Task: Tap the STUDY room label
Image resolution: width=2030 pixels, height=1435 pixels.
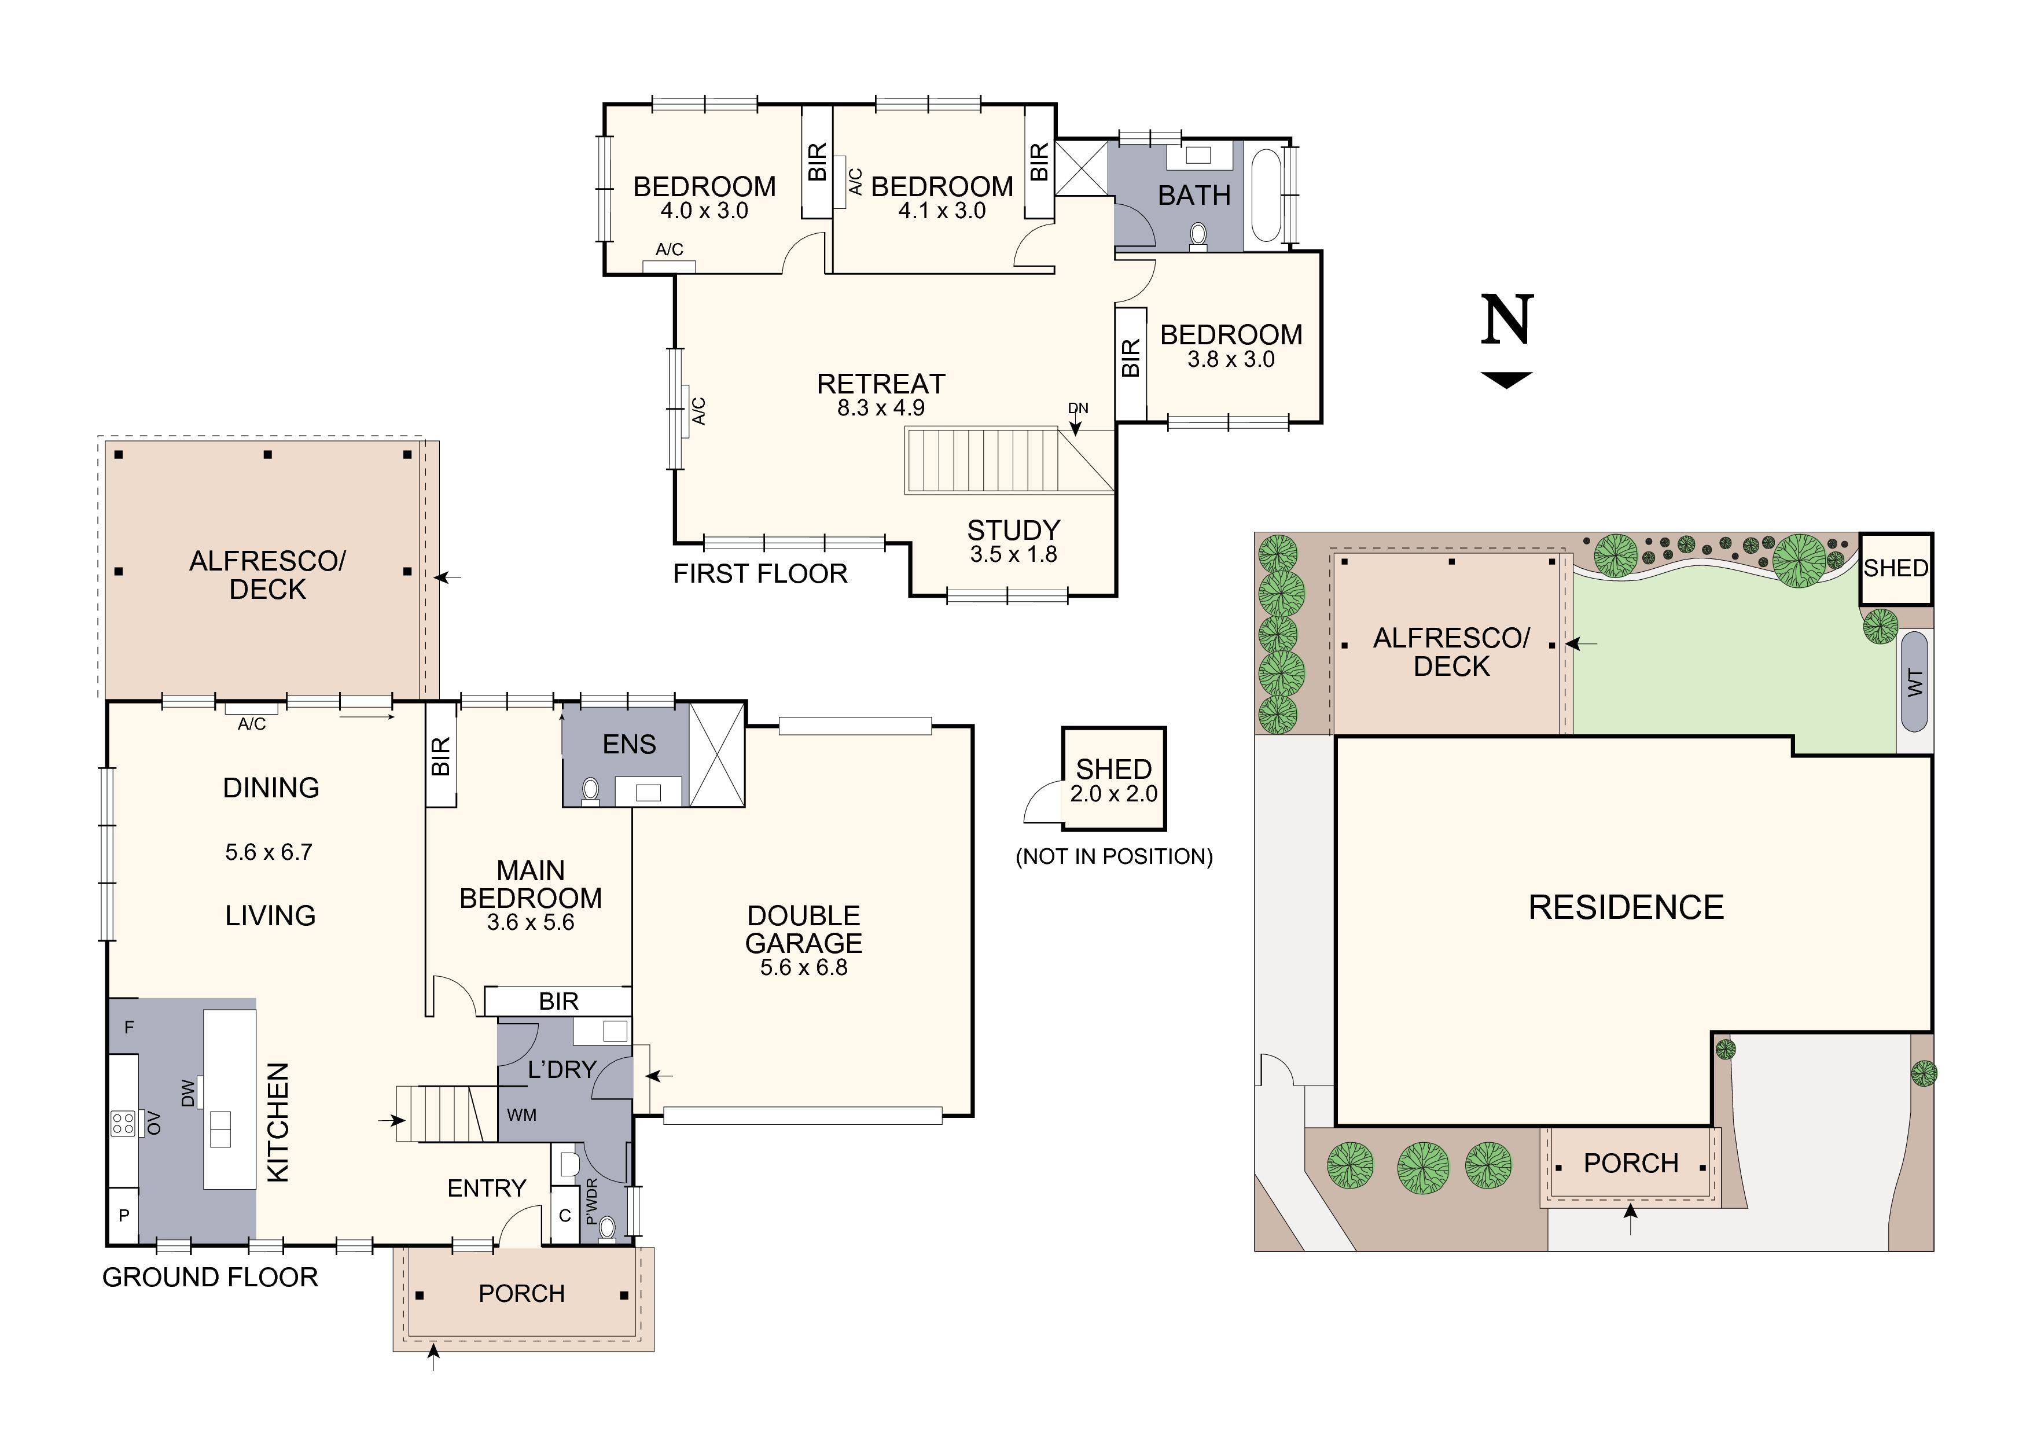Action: point(1013,531)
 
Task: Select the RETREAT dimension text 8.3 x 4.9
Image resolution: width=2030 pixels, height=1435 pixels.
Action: point(881,409)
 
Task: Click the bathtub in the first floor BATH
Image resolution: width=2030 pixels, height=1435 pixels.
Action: point(1266,196)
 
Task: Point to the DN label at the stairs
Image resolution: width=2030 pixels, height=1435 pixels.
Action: point(1077,409)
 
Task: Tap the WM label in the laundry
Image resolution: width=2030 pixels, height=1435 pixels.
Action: point(521,1115)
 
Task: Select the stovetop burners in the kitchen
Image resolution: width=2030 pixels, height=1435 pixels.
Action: point(123,1124)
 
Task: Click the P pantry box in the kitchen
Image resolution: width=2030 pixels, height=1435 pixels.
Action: point(124,1216)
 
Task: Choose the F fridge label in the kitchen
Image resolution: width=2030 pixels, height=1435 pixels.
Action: point(129,1028)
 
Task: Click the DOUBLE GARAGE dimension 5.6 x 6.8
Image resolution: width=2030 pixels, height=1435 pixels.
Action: point(804,968)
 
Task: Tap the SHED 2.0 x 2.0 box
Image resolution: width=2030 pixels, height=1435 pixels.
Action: point(1113,779)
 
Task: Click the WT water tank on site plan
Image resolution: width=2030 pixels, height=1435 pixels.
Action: point(1914,682)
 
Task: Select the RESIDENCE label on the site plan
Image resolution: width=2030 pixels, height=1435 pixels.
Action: point(1626,908)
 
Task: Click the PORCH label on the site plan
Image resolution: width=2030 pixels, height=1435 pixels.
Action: point(1630,1164)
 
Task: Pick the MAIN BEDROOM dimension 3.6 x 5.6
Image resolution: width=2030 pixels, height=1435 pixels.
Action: point(531,923)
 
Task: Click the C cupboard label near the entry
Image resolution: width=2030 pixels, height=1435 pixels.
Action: point(565,1216)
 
